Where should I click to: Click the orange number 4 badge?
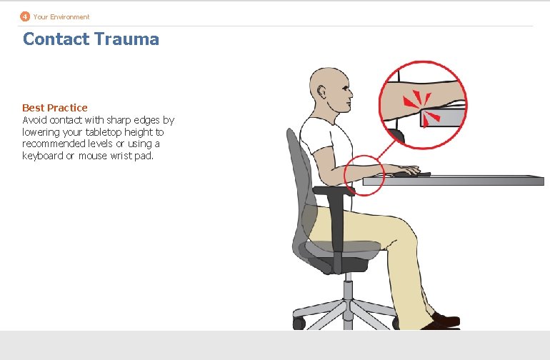click(x=25, y=16)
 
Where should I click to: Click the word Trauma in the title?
click(x=126, y=39)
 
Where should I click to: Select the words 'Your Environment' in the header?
click(x=61, y=16)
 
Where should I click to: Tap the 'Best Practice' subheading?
click(x=55, y=108)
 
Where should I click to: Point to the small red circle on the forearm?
click(x=364, y=174)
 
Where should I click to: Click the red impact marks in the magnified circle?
click(x=422, y=110)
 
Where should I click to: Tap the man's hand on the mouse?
click(x=408, y=171)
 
